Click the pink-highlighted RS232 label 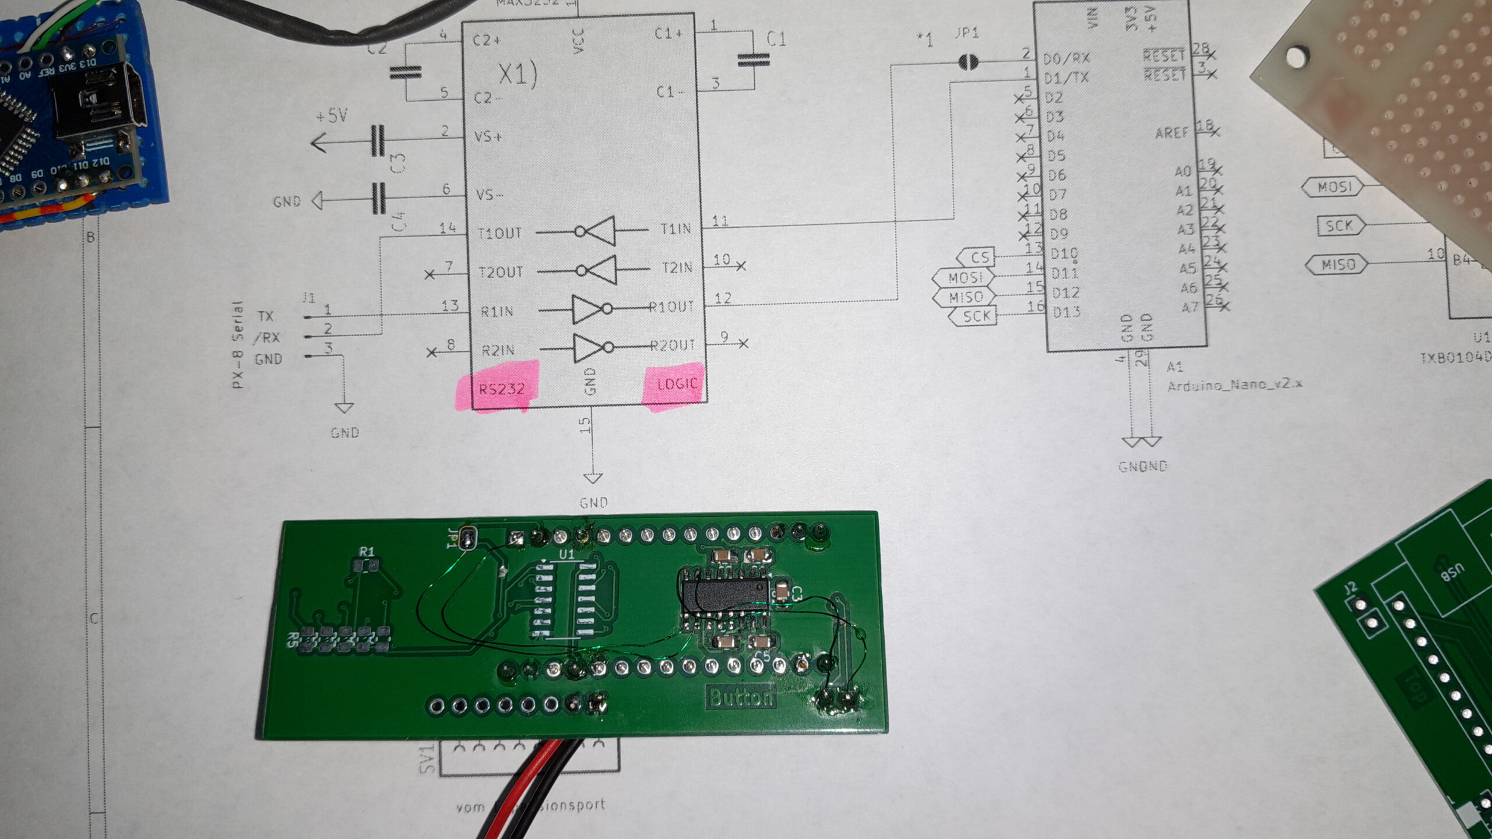click(501, 388)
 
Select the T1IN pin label click(675, 229)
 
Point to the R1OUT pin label click(673, 306)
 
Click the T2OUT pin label click(500, 272)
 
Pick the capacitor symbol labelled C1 click(753, 59)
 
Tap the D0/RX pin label click(1066, 58)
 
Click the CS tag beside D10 click(978, 257)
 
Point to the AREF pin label click(1171, 133)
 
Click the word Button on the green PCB click(740, 697)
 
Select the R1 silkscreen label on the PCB click(367, 551)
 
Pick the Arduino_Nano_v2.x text click(1234, 384)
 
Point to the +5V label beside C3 click(332, 116)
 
